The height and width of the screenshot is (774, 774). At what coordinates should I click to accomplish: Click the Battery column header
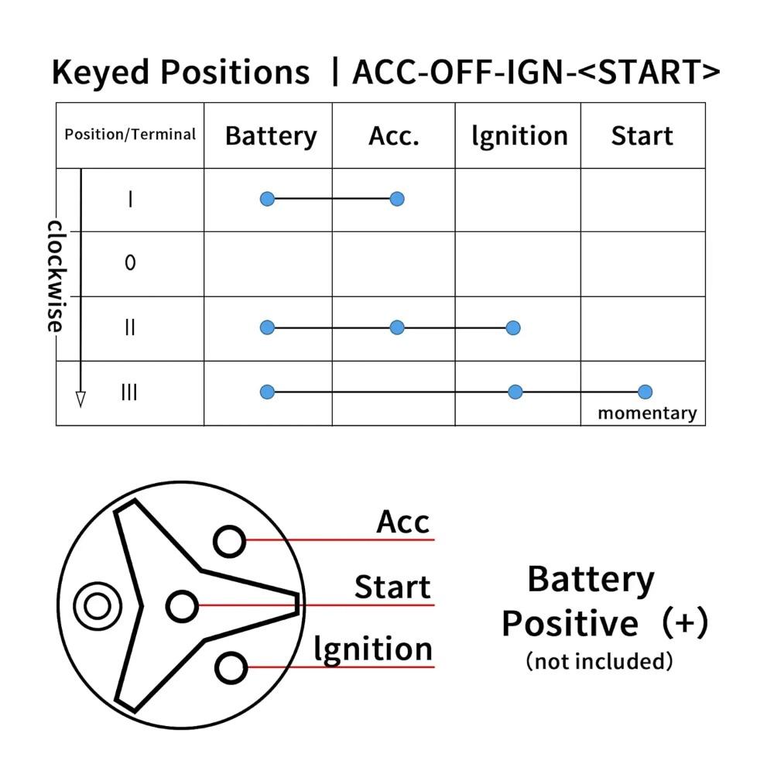[x=271, y=136]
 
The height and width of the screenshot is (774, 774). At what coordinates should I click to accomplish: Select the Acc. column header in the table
[x=394, y=135]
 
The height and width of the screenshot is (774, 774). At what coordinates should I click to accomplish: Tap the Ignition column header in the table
[x=520, y=136]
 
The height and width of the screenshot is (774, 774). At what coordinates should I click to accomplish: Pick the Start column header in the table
[x=642, y=135]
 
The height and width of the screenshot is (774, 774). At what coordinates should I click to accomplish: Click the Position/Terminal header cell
[x=130, y=134]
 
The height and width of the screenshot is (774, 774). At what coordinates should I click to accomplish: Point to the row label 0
[x=130, y=262]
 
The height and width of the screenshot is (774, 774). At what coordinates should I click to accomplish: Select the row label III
[x=129, y=392]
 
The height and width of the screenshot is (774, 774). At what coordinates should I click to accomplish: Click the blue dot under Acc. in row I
[x=397, y=199]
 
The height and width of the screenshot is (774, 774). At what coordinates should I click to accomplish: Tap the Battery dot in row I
[x=267, y=199]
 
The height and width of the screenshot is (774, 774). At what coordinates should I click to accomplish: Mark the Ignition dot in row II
[x=513, y=327]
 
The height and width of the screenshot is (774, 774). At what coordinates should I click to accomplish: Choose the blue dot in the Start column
[x=646, y=392]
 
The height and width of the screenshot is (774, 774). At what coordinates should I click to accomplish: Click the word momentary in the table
[x=648, y=413]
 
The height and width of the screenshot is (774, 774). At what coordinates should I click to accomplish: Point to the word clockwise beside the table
[x=56, y=276]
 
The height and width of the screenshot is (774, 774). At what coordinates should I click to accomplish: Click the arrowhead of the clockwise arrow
[x=81, y=399]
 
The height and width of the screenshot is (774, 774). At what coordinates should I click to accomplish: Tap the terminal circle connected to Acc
[x=230, y=542]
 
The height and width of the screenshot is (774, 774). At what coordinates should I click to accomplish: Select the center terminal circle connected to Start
[x=182, y=606]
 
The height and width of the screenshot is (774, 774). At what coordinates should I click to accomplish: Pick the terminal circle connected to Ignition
[x=231, y=668]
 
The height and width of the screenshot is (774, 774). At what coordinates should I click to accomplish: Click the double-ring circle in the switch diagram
[x=98, y=606]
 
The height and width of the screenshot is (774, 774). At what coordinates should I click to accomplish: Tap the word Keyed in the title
[x=101, y=73]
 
